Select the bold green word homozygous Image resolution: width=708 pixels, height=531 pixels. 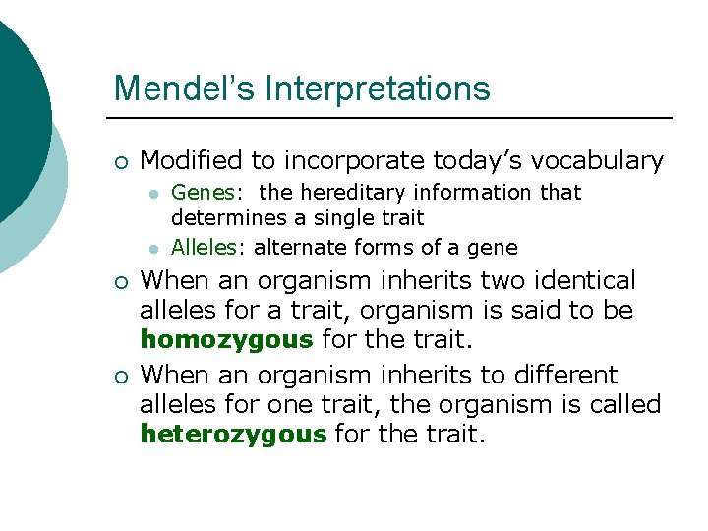[x=227, y=340]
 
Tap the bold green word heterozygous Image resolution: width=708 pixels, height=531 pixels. [x=234, y=434]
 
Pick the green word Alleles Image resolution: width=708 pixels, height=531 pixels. [x=207, y=247]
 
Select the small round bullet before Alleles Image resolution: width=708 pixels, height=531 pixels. [x=154, y=249]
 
